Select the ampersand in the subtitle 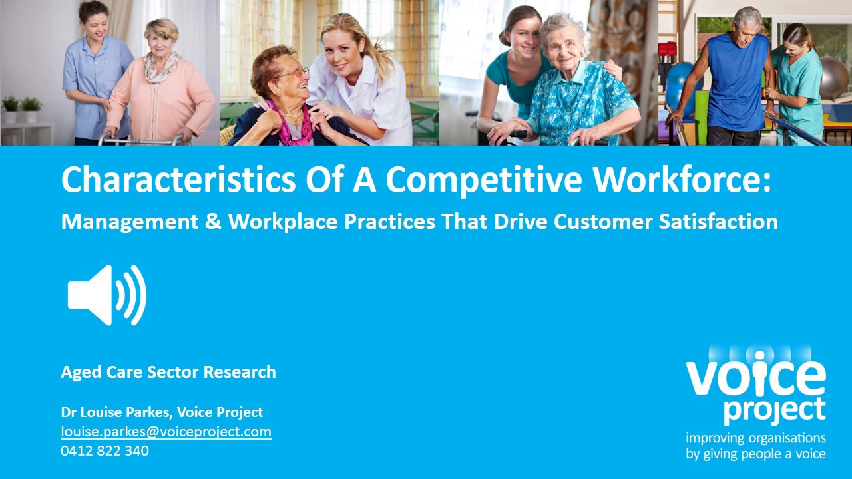(213, 222)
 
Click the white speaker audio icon (106, 295)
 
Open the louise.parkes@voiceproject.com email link (166, 432)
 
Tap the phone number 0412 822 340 (105, 451)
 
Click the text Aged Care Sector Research (168, 372)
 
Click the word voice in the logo (755, 378)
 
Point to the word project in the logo (774, 410)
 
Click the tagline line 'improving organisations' (755, 438)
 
